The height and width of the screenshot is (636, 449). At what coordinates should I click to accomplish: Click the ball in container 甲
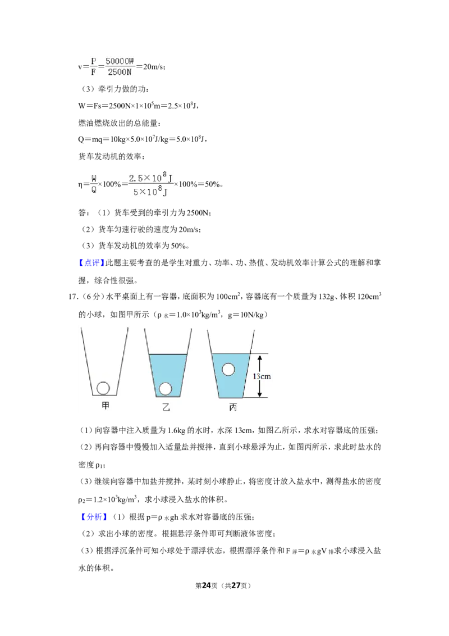pos(103,388)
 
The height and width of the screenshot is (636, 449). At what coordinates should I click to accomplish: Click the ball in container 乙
pos(166,389)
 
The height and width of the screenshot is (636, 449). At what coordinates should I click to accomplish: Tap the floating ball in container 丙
pos(228,370)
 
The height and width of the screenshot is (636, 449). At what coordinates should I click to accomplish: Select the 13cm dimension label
pos(262,376)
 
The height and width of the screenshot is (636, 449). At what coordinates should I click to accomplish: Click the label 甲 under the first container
pos(106,405)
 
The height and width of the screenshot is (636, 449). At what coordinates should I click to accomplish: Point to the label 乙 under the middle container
pos(166,407)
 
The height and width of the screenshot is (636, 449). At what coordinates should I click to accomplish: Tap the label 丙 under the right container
pos(232,407)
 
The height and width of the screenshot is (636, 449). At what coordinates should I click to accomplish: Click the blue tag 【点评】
pos(92,263)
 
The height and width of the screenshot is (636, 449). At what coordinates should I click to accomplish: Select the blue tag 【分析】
pos(94,517)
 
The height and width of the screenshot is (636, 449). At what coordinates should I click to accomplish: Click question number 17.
pos(72,297)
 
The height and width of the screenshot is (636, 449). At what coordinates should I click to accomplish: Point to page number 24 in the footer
pos(207,585)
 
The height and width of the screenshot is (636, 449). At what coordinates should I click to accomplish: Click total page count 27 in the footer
pos(235,585)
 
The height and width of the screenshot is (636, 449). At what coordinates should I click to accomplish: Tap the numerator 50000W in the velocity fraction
pos(120,61)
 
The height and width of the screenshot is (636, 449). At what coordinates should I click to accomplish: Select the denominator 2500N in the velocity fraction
pos(120,72)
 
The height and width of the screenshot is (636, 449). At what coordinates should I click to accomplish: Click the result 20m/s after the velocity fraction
pos(154,67)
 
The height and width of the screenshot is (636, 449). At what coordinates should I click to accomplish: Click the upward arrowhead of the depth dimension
pos(260,358)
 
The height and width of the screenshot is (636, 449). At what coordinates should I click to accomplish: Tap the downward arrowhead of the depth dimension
pos(260,393)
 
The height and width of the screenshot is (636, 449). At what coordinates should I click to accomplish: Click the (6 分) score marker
pos(91,297)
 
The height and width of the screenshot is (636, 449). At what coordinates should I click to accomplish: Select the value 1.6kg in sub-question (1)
pos(176,430)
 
